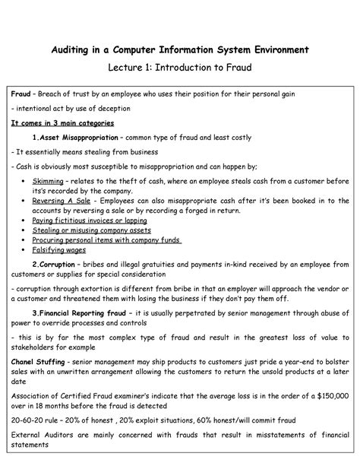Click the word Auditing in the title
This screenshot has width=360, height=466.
(x=71, y=50)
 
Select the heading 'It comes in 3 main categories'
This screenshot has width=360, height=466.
(x=62, y=122)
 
